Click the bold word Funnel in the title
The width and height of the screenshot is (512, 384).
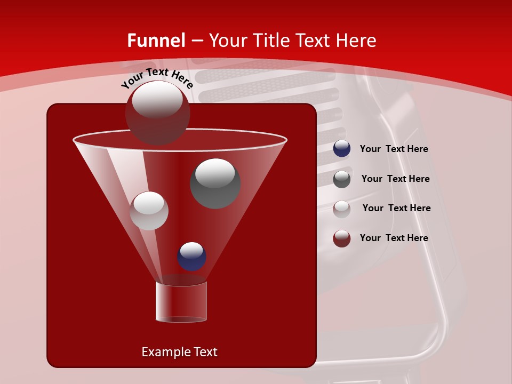click(x=156, y=41)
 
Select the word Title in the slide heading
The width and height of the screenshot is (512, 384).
click(x=270, y=41)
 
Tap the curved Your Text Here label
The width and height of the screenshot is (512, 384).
click(x=157, y=78)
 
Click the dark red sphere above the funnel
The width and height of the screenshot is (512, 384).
click(x=157, y=113)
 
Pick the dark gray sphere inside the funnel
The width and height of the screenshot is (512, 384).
click(x=215, y=183)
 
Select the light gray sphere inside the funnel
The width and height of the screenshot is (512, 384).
click(x=149, y=211)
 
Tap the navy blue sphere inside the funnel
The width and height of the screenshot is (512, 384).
click(x=191, y=257)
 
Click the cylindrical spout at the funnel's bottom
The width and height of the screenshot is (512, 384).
click(x=181, y=302)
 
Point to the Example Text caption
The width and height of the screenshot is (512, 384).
click(x=179, y=352)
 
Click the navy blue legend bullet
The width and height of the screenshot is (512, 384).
click(x=342, y=149)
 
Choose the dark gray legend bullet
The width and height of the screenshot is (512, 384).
click(x=342, y=179)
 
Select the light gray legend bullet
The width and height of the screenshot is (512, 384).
click(x=342, y=209)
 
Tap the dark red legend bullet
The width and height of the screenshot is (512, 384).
click(x=342, y=238)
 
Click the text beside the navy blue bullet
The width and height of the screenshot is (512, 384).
click(x=394, y=149)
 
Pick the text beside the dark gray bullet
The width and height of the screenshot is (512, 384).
click(x=395, y=179)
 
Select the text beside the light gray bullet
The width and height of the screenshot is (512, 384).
click(x=396, y=209)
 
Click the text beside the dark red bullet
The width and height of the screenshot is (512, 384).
click(x=394, y=238)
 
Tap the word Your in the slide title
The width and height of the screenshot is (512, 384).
click(x=228, y=41)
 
